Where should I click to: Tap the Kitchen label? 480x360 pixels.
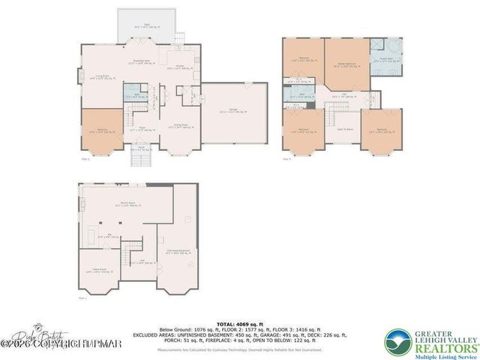[179, 67]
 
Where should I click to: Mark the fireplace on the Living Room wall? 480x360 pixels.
[79, 76]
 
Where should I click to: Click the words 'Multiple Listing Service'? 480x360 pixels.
[439, 350]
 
